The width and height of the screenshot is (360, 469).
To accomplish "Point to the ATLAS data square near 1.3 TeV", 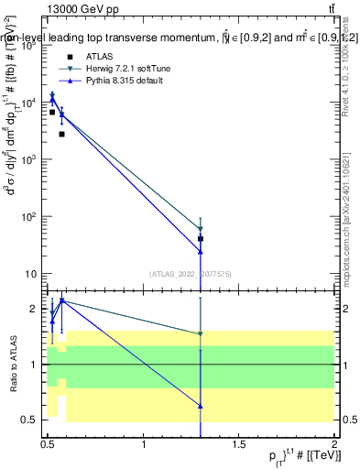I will point(201,238).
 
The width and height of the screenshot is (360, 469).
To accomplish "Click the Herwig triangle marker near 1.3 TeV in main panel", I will point(201,229).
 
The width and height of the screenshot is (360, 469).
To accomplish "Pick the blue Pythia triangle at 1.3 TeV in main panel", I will point(201,250).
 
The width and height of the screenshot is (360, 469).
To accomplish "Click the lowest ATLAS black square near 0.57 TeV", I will point(61,134).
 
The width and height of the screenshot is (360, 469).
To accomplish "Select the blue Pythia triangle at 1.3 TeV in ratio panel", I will point(201,405).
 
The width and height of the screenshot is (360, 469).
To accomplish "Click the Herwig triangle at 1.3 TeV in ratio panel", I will point(201,334).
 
